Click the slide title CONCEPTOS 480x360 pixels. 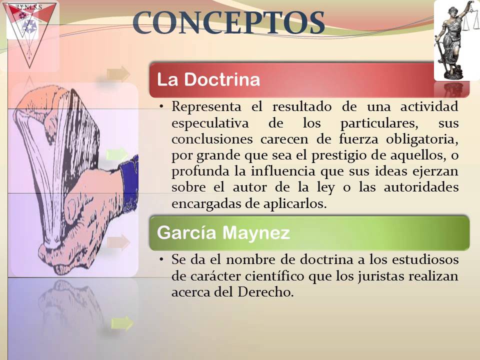229,23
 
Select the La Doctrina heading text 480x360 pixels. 208,80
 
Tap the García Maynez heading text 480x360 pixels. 223,233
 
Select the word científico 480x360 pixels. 273,276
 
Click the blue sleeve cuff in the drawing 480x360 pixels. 129,175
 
